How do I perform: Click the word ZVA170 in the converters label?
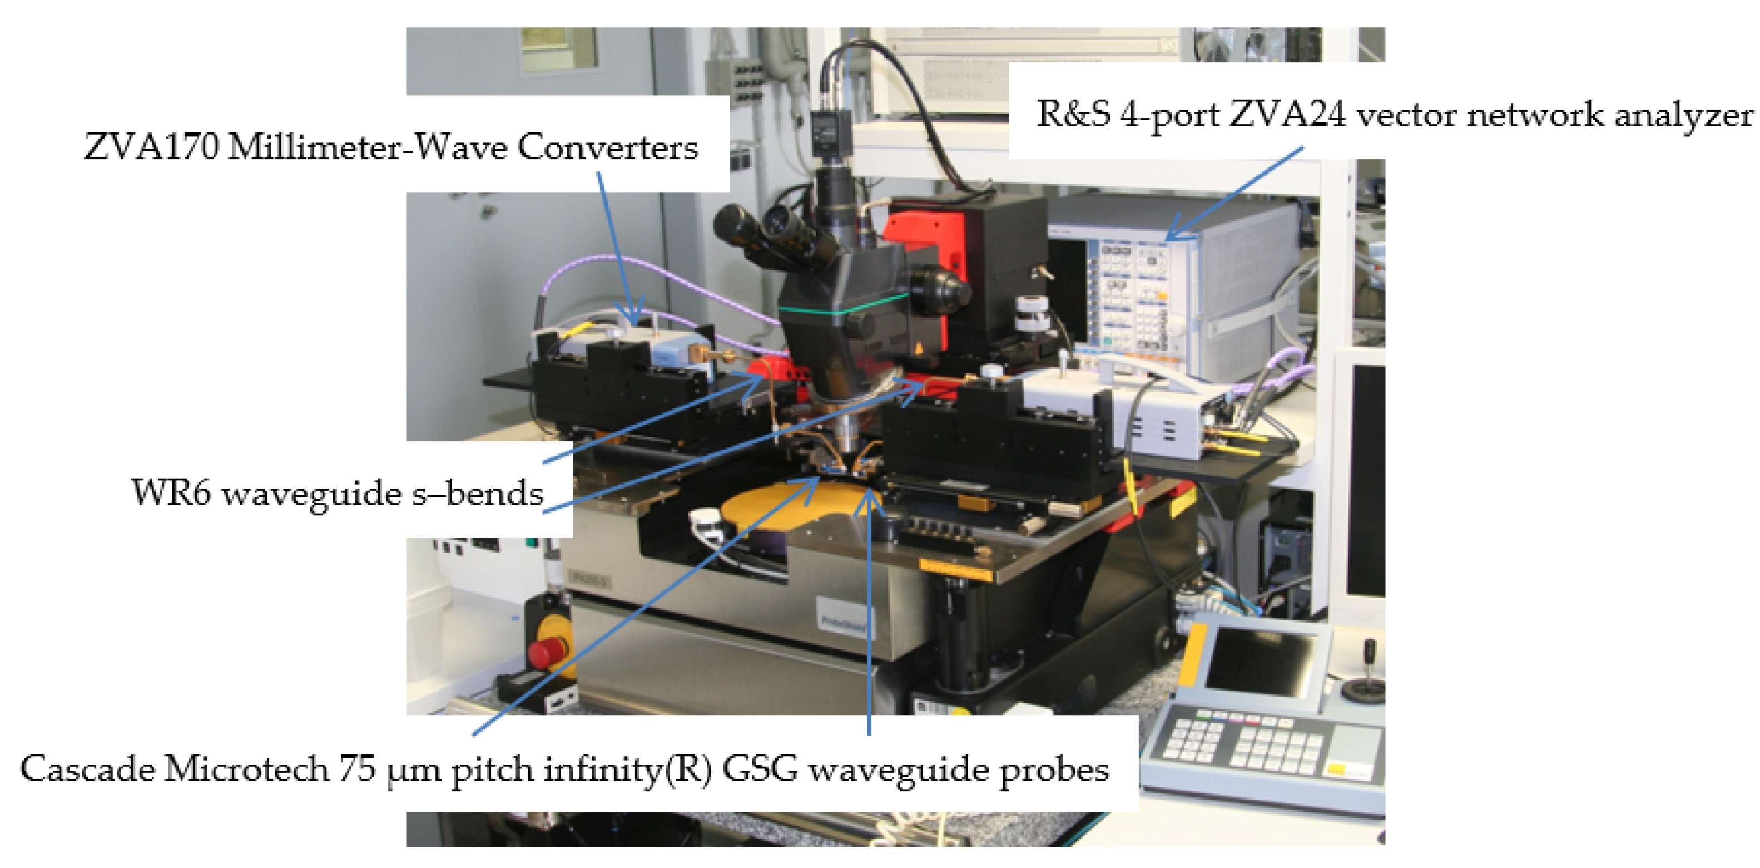[151, 147]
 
